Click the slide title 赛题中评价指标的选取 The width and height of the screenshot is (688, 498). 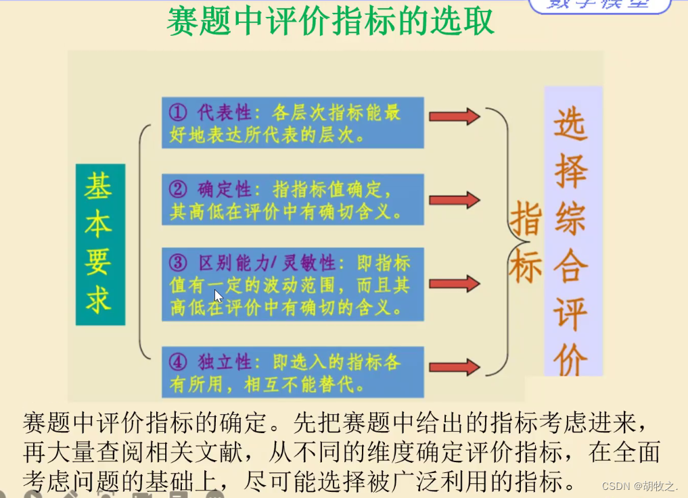330,22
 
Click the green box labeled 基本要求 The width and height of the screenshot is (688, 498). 100,244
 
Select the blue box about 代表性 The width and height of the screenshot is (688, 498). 293,122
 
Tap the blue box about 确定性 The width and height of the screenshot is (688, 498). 293,199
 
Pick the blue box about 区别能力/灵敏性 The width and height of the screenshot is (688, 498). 293,284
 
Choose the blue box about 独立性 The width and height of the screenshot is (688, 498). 293,372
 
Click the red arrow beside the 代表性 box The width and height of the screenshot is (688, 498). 454,116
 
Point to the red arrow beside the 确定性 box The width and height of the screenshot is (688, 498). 454,200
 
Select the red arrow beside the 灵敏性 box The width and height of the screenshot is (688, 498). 454,284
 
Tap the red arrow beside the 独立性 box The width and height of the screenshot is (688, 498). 454,368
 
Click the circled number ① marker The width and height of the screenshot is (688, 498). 178,111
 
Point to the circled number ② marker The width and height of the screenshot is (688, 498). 178,189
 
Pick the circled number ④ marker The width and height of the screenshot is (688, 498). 178,362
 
